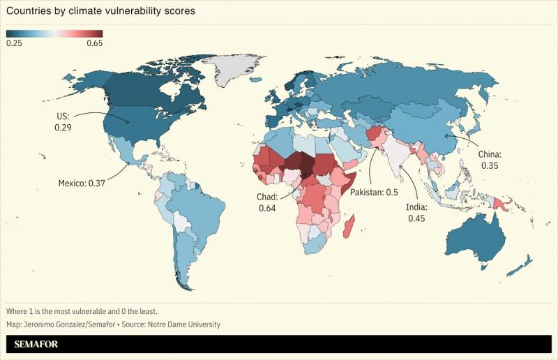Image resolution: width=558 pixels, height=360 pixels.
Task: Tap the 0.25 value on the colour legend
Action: click(x=15, y=43)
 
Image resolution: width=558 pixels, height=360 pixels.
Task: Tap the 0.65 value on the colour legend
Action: click(x=94, y=43)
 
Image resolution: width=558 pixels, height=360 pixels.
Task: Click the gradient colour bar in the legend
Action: click(x=54, y=33)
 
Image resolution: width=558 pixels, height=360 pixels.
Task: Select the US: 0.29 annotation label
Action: click(x=63, y=122)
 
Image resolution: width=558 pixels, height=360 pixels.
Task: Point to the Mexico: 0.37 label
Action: click(x=81, y=183)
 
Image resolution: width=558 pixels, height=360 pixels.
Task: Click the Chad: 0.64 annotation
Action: click(x=268, y=202)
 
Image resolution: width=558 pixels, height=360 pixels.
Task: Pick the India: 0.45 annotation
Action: click(x=416, y=212)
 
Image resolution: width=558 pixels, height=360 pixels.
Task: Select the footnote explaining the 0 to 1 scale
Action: click(x=81, y=310)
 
